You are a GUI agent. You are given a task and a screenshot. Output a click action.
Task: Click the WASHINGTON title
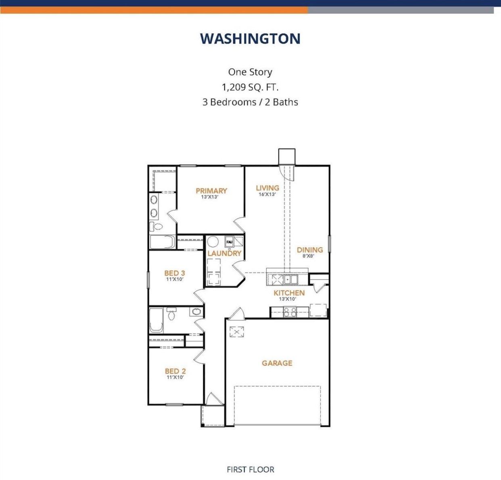[x=250, y=39]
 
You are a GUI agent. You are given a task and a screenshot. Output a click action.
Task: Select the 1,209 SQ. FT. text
[x=250, y=87]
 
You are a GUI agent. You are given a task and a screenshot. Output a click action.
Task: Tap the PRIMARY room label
[x=211, y=191]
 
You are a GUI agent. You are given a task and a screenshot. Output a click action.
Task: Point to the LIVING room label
[x=267, y=188]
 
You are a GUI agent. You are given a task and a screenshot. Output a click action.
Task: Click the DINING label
[x=310, y=250]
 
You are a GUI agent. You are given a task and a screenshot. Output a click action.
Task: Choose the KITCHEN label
[x=289, y=293]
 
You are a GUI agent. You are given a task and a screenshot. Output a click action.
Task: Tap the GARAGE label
[x=277, y=363]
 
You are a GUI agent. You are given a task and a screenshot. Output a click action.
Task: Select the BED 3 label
[x=175, y=273]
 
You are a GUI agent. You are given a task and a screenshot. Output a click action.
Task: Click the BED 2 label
[x=175, y=371]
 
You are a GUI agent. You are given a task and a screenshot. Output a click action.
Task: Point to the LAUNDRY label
[x=225, y=253]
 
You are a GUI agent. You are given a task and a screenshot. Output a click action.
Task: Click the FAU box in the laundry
[x=229, y=242]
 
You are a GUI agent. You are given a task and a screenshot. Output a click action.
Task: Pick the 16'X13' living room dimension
[x=267, y=194]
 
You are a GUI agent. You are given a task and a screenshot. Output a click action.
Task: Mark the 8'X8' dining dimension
[x=309, y=256]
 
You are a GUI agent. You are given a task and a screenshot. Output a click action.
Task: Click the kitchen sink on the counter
[x=290, y=279]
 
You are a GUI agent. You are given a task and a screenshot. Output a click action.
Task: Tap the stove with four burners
[x=290, y=312]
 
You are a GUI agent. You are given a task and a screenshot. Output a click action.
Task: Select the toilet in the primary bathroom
[x=156, y=226]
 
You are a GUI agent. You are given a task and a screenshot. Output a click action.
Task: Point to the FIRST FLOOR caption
[x=250, y=469]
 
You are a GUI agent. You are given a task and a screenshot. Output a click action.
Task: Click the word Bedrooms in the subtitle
[x=233, y=102]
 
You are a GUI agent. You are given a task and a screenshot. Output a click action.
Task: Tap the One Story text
[x=250, y=72]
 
